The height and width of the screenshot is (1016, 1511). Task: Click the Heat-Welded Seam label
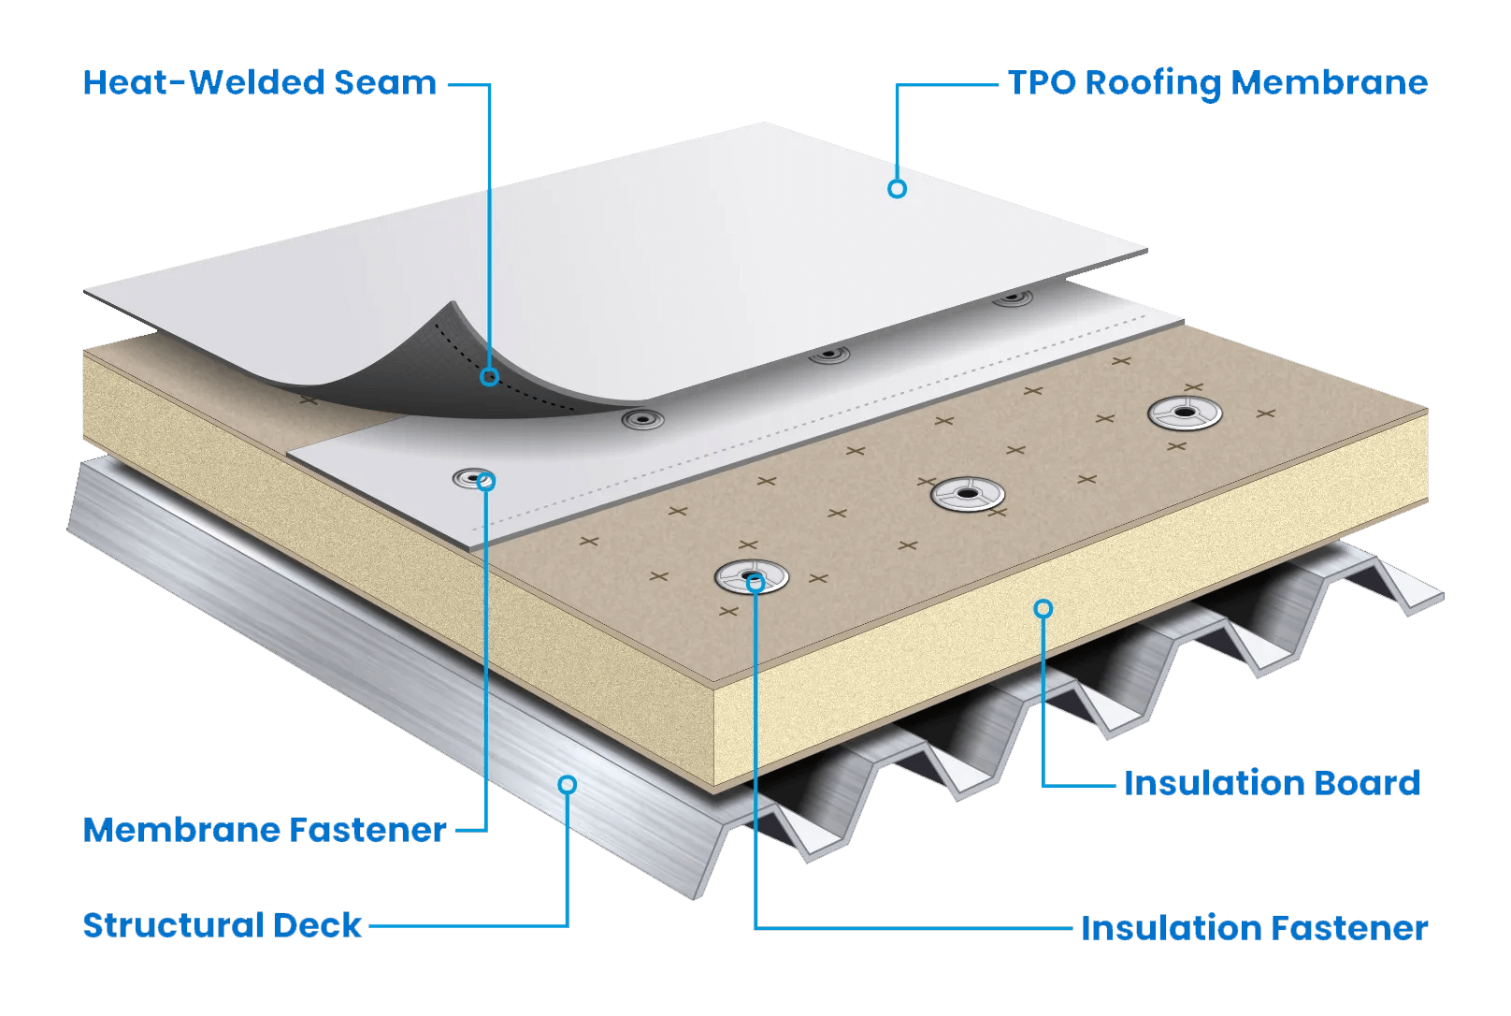point(259,83)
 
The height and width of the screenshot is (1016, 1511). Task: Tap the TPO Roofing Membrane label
point(1217,83)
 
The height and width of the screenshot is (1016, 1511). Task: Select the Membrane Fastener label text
point(265,830)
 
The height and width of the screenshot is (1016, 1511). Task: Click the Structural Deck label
point(222,925)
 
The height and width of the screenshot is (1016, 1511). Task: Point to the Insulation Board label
point(1272,783)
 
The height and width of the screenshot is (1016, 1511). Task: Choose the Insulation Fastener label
point(1254,928)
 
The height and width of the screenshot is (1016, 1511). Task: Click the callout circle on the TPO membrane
point(897,189)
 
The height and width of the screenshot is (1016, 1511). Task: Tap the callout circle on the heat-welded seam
point(489,377)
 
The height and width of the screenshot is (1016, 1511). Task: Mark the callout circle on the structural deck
point(567,784)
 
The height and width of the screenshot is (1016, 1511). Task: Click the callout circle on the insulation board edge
point(1043,609)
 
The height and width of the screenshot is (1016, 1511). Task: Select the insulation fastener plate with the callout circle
point(751,577)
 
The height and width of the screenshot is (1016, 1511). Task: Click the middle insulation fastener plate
point(968,493)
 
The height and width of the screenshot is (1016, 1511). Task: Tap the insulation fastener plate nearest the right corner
point(1185,413)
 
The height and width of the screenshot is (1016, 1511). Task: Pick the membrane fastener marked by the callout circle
point(473,480)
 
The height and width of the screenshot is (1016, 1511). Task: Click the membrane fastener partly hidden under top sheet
point(1013,299)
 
